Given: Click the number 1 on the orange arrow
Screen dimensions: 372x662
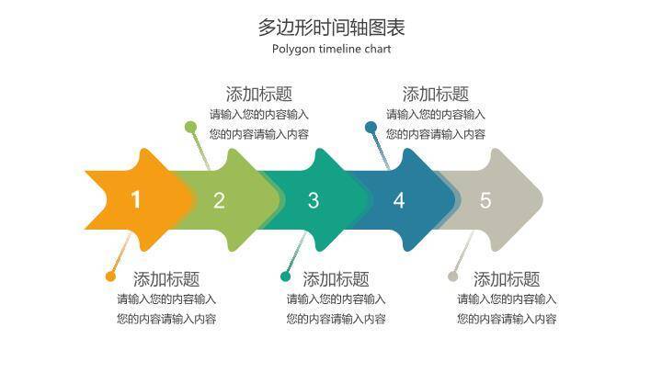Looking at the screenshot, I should (136, 200).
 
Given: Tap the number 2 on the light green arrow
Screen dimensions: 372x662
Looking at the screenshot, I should (219, 200).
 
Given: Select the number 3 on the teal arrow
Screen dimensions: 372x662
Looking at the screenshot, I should (314, 200).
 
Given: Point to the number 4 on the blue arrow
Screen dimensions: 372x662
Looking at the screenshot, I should (399, 200).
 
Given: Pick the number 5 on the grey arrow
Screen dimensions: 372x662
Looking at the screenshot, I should (485, 200).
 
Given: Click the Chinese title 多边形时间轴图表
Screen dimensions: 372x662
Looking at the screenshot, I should (331, 27).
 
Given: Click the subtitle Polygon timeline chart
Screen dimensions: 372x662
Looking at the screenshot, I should (331, 50).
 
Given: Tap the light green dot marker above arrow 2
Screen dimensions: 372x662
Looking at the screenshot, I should (190, 127).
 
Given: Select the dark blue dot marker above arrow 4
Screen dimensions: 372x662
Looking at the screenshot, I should (371, 127).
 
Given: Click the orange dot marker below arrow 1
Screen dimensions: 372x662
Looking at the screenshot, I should (110, 276).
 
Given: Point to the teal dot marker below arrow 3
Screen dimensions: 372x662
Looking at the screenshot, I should (285, 276).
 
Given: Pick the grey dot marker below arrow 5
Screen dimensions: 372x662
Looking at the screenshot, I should (452, 276).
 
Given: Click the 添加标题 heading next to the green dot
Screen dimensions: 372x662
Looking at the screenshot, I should (259, 94).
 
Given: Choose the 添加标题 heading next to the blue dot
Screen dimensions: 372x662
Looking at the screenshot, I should (436, 94).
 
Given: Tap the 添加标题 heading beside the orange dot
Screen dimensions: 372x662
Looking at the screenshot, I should (166, 279).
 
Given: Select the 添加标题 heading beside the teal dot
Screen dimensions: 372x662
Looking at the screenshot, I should (336, 279).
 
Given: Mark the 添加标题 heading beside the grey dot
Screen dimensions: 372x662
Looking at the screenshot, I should (507, 279).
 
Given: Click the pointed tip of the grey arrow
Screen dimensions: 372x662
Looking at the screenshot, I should (541, 199).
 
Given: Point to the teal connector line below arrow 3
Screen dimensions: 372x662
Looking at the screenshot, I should (293, 253).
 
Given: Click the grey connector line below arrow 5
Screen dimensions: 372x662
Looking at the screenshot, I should (462, 254).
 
